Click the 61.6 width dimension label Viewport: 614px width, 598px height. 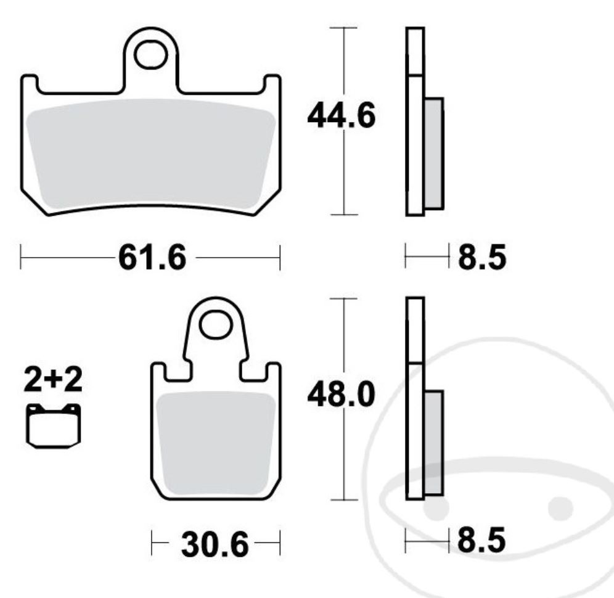tap(151, 258)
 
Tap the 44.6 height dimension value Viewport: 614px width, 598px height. tap(341, 117)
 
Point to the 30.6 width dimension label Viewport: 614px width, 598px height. tap(215, 545)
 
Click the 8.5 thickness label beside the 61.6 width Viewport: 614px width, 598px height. tap(481, 258)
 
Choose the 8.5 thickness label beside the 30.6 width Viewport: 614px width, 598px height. tap(481, 543)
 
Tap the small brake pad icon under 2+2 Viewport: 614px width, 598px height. tap(54, 425)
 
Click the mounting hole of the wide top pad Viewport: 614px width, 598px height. tap(151, 55)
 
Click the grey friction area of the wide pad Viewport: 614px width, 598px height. tap(151, 154)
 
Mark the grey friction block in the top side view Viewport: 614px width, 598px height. tap(433, 153)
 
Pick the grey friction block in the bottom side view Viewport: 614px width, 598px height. tap(433, 442)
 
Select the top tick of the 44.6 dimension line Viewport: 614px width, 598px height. tap(343, 28)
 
